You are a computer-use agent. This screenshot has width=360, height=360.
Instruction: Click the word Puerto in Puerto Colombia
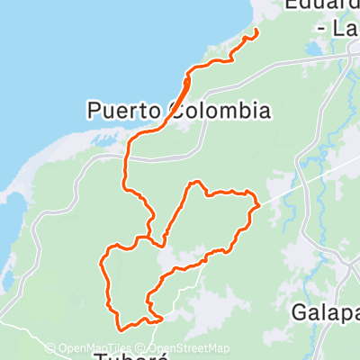pos(124,111)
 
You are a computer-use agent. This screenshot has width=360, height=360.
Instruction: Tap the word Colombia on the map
pos(218,111)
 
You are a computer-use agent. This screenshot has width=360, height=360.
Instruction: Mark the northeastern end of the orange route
pos(256,32)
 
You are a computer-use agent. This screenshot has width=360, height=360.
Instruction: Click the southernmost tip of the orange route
pos(119,329)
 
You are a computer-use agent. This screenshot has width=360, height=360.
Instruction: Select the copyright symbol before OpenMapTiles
pos(50,348)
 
